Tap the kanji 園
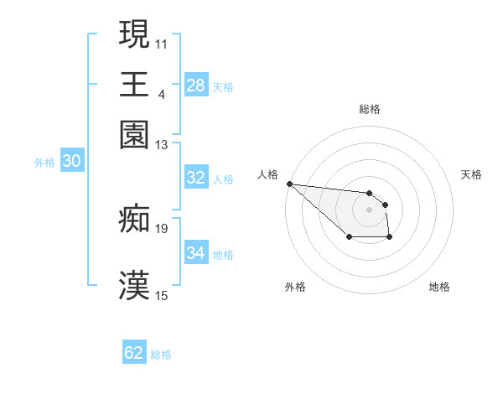coord(134,134)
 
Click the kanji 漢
coord(134,286)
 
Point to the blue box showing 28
coord(196,86)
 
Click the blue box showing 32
coord(196,178)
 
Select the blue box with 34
coord(196,253)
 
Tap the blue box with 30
coord(72,162)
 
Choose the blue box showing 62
coord(134,353)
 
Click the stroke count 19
coord(162,227)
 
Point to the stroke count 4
coord(161,93)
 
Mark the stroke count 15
coord(162,295)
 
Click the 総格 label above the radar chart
coord(370,109)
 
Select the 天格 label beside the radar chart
coord(471,174)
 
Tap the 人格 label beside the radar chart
coord(267,174)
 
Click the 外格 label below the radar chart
coord(295,287)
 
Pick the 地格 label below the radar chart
coord(439,287)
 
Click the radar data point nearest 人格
coord(289,184)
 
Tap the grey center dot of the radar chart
coord(370,209)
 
